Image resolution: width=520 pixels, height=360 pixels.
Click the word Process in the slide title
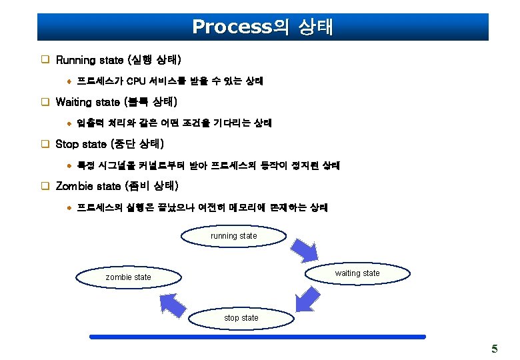tap(229, 27)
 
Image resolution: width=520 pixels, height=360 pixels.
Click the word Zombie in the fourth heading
tap(75, 185)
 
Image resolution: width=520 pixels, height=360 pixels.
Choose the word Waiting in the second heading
tap(75, 102)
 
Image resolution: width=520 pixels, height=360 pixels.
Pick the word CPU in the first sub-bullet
tap(137, 81)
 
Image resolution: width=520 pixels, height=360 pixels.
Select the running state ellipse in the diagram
tap(233, 236)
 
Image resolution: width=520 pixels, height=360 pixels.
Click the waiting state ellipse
tap(357, 273)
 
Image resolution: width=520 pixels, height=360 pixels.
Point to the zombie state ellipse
tap(129, 277)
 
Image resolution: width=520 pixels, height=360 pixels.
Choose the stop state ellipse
tap(241, 318)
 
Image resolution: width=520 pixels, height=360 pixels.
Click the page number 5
tap(494, 349)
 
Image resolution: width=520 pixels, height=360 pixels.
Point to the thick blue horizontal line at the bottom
tap(257, 337)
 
